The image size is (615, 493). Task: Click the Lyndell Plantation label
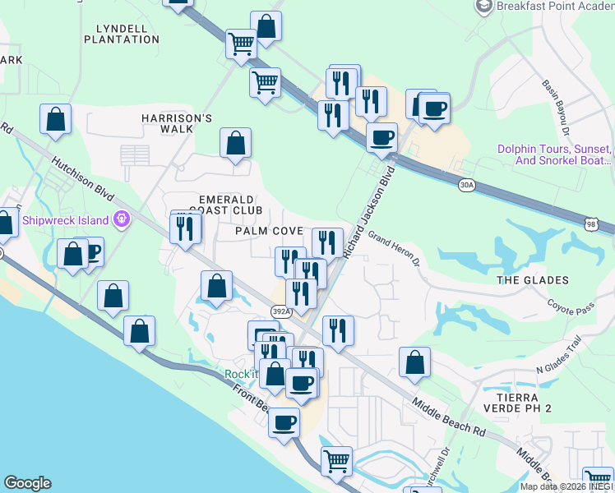click(122, 34)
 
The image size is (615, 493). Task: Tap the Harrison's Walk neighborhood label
click(177, 123)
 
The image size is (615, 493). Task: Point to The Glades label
click(533, 280)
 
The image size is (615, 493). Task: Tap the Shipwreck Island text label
click(66, 220)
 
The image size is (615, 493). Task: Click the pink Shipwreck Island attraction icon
click(123, 219)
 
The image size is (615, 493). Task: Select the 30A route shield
click(467, 185)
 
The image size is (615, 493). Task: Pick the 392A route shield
click(280, 311)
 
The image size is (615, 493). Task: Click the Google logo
click(27, 483)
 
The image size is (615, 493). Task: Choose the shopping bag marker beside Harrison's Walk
click(236, 143)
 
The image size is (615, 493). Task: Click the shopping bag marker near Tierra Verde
click(415, 362)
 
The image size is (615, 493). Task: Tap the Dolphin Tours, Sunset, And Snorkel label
click(555, 154)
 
